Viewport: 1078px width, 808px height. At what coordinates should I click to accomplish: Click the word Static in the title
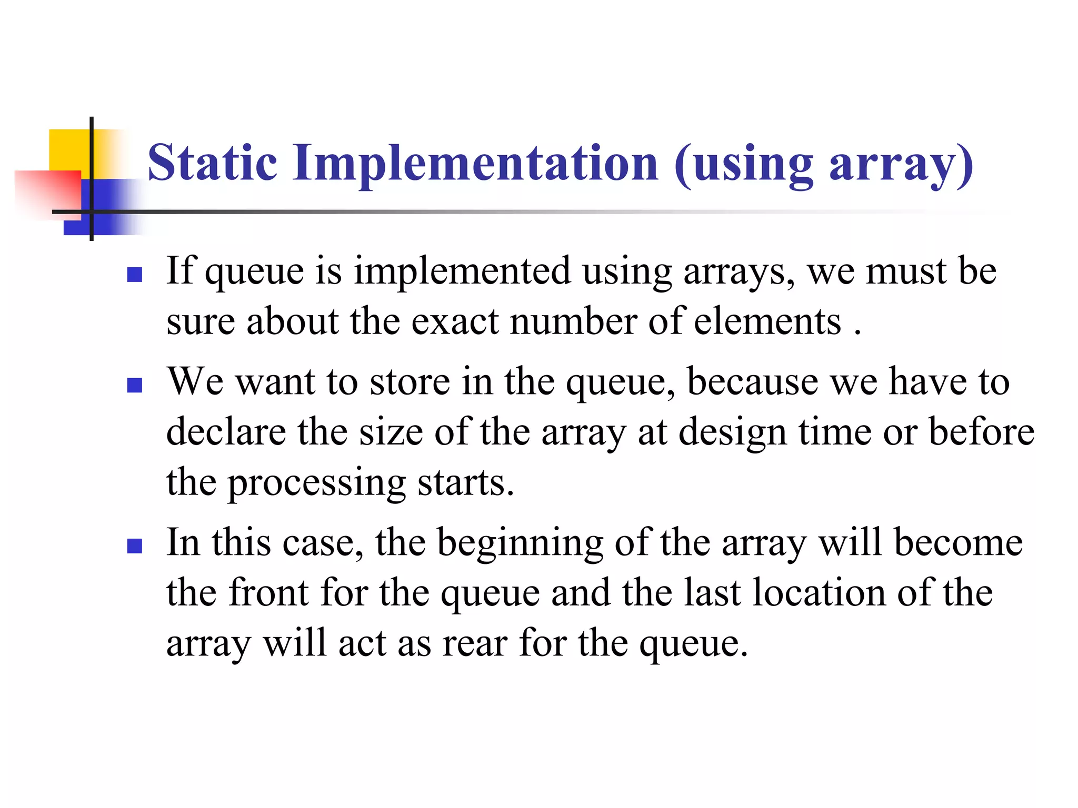pos(212,163)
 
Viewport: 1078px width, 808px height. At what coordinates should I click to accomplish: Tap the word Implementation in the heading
pos(475,164)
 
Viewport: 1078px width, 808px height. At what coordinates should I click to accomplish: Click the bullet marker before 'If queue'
pos(135,275)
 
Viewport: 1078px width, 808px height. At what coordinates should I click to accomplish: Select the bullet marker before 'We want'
pos(135,386)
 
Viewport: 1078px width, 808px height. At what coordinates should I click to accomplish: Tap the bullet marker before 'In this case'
pos(135,546)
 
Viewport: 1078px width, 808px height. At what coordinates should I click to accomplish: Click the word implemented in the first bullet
pos(462,272)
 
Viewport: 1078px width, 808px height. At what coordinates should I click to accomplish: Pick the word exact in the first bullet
pos(455,321)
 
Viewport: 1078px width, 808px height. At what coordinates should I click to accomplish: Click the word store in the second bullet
pos(410,382)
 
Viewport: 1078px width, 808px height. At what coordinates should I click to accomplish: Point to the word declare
pos(226,432)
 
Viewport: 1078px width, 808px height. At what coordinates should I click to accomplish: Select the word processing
pos(316,483)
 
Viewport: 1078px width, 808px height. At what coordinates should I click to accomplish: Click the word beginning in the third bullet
pos(520,543)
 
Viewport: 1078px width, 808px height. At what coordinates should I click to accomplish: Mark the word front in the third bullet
pos(268,593)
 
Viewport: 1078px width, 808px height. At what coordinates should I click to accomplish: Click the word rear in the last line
pos(475,643)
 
